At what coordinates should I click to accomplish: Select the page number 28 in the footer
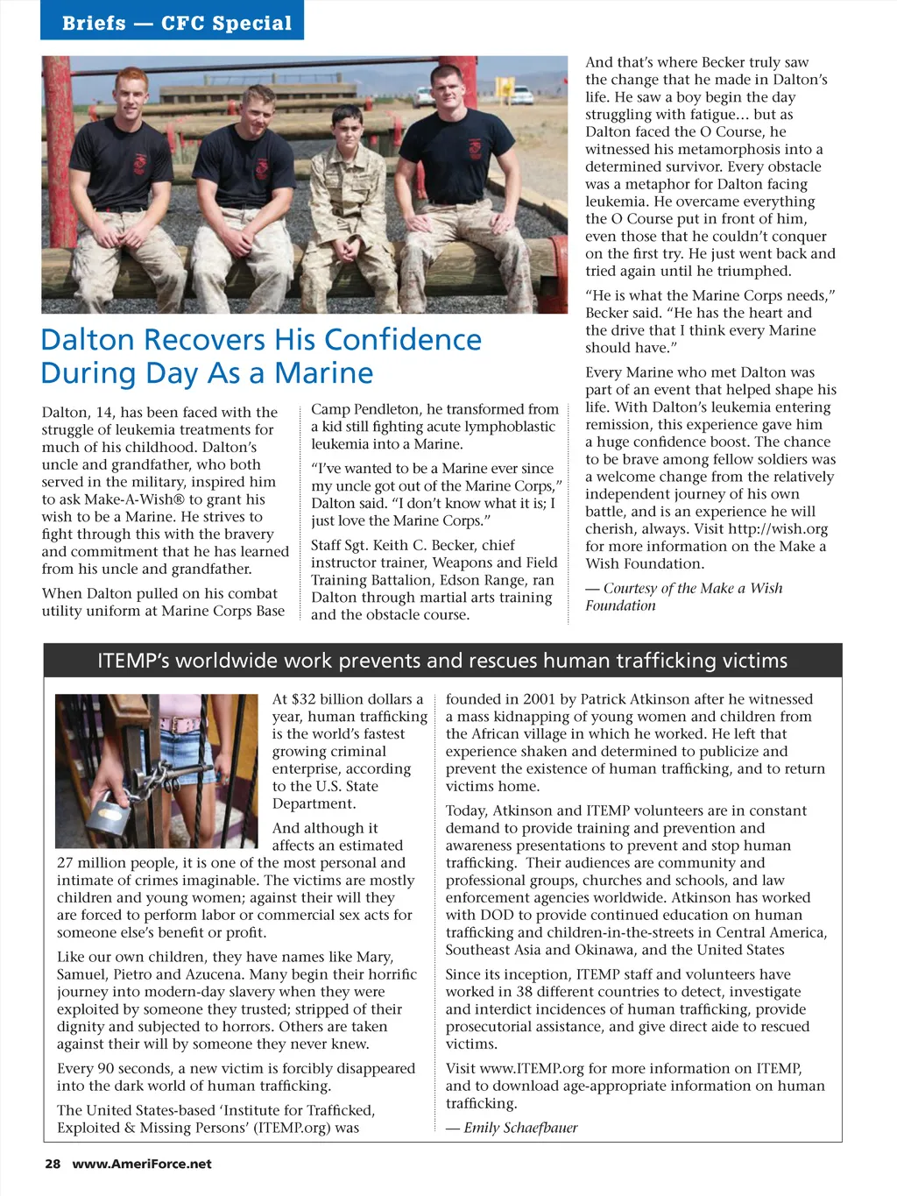pos(53,1164)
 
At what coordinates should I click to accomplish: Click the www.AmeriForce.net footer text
pos(142,1164)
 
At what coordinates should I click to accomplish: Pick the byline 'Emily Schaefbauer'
pos(520,1128)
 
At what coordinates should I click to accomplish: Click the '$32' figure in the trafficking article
pos(303,699)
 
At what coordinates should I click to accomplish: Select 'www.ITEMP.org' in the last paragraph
pos(533,1068)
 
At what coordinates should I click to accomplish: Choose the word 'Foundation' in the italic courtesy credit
pos(620,605)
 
